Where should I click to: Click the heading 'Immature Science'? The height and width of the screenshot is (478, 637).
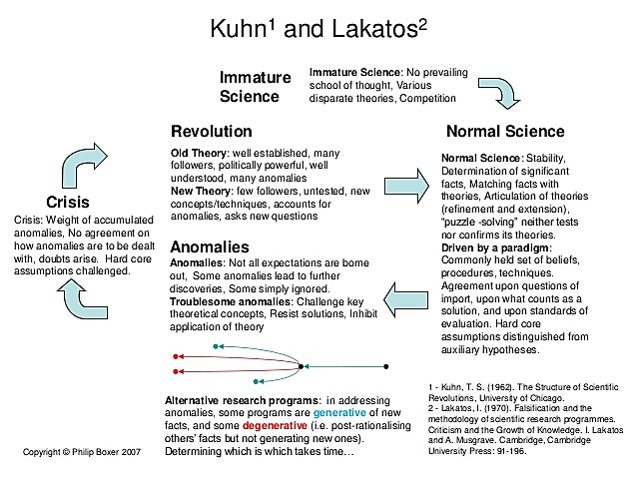pos(256,87)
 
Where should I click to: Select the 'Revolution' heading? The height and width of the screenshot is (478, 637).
pos(212,132)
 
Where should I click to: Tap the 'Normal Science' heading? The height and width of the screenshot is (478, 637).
pos(505,132)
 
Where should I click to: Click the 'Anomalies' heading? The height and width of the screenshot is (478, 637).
pos(210,246)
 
